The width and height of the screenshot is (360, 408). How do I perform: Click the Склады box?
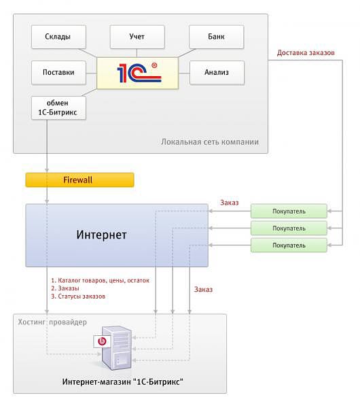click(58, 37)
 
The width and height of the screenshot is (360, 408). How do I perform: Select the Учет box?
click(137, 37)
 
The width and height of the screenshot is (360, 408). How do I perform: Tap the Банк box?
click(216, 37)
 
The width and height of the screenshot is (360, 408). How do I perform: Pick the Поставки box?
click(58, 73)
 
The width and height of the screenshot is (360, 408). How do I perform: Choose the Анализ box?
click(217, 73)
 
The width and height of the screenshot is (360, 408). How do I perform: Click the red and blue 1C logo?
click(139, 73)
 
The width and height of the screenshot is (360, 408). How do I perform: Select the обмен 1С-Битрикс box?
click(58, 107)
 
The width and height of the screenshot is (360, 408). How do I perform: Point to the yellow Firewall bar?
click(79, 180)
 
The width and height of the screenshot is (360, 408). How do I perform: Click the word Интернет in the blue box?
click(101, 235)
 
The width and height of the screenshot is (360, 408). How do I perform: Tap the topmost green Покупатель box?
click(289, 211)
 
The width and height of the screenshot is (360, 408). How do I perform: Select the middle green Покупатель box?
click(289, 228)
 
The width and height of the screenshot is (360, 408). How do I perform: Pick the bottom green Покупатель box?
click(289, 245)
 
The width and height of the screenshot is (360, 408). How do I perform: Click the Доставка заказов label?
click(306, 53)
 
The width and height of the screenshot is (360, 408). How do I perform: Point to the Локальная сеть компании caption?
click(210, 142)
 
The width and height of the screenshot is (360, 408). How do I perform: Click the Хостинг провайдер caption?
click(52, 322)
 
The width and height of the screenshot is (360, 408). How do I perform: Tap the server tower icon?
click(116, 348)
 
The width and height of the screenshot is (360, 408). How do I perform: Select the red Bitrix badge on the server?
click(102, 341)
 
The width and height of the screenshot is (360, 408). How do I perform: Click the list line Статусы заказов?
click(78, 296)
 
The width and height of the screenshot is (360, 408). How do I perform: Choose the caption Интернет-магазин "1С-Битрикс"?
click(123, 381)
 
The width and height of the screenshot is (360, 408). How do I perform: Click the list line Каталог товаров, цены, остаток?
click(101, 280)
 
